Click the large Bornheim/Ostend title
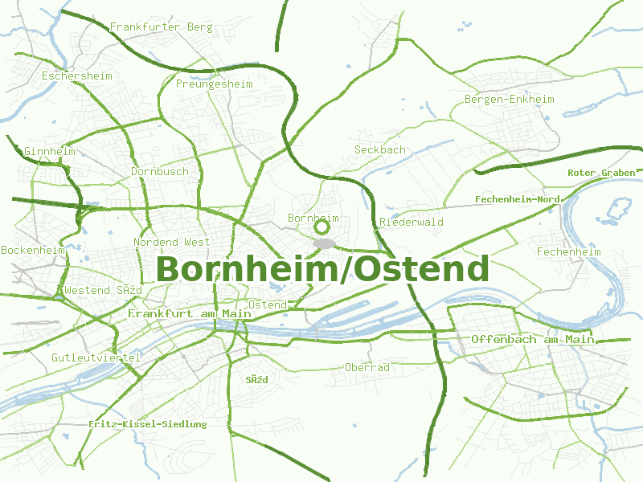click(x=322, y=269)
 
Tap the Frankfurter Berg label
click(x=161, y=27)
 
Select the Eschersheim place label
click(x=76, y=76)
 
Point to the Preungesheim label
click(x=214, y=84)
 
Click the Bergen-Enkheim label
click(x=510, y=100)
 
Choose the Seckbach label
click(x=380, y=150)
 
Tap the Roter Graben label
click(x=601, y=173)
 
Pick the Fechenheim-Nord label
click(x=518, y=199)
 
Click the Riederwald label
click(x=411, y=223)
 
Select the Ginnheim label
click(x=49, y=152)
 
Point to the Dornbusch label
click(x=160, y=172)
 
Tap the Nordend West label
click(x=171, y=242)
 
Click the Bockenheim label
click(x=32, y=251)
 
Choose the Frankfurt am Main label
click(x=184, y=313)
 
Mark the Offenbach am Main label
click(x=533, y=340)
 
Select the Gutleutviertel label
click(x=96, y=357)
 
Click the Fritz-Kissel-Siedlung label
click(x=147, y=424)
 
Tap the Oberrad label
click(x=367, y=368)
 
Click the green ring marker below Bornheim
click(x=321, y=228)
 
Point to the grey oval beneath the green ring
click(x=323, y=243)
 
